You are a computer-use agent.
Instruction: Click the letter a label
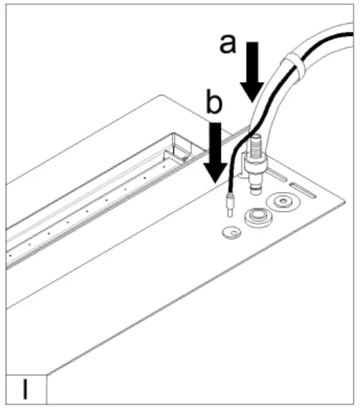(x=227, y=44)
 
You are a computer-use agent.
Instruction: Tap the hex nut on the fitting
(x=254, y=171)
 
